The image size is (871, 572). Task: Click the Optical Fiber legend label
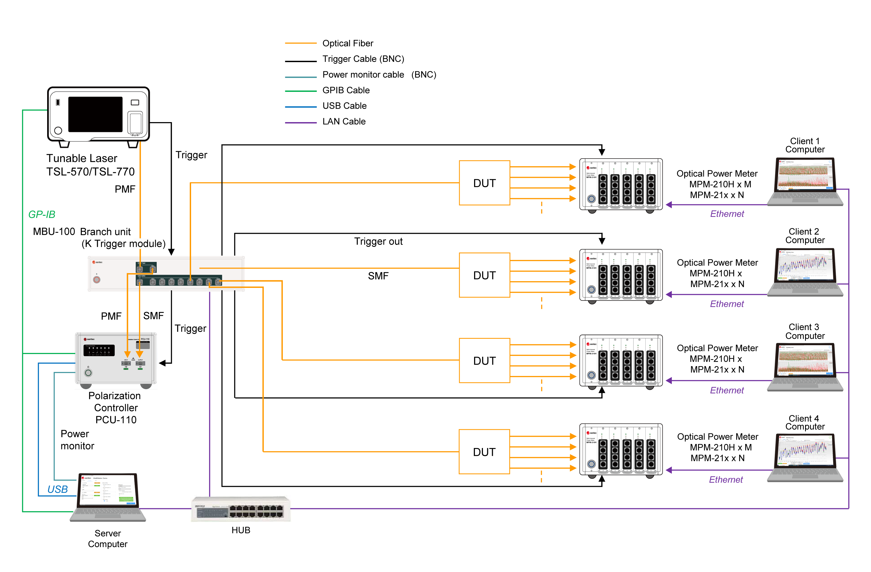347,43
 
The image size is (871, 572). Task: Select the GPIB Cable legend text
345,90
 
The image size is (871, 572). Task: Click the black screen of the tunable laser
95,114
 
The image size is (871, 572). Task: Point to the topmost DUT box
484,183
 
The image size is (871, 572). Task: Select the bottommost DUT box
484,452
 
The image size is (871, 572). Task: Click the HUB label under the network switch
240,530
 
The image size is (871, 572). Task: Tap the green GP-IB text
42,214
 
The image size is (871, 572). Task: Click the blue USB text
57,489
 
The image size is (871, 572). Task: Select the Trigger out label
378,241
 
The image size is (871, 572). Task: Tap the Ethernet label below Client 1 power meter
727,214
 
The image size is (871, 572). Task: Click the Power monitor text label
77,440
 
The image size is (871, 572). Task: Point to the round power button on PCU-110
88,373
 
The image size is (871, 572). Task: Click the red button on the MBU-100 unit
97,280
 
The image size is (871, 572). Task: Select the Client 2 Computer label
805,236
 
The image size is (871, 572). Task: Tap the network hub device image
240,509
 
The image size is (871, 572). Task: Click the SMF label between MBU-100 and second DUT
378,276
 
